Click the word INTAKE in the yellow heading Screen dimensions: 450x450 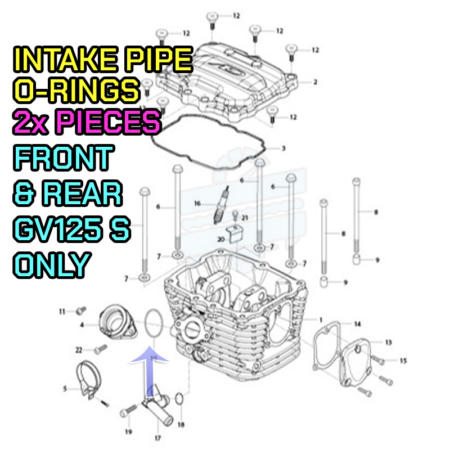(x=65, y=60)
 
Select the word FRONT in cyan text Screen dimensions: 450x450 (x=64, y=157)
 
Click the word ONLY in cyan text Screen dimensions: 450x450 (x=52, y=265)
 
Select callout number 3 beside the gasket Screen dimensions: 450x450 (x=283, y=148)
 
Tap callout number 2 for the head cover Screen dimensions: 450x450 (x=315, y=82)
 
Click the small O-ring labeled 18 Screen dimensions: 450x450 (x=179, y=399)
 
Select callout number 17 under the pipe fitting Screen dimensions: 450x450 (x=157, y=438)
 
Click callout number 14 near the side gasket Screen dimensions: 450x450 (x=357, y=324)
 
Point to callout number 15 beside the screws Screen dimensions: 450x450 (x=403, y=361)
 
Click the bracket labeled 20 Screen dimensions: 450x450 (x=235, y=233)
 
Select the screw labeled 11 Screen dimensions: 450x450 (x=81, y=310)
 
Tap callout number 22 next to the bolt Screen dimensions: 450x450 (x=79, y=350)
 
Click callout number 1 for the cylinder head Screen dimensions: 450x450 (x=321, y=319)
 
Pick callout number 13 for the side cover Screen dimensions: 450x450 (x=388, y=342)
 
